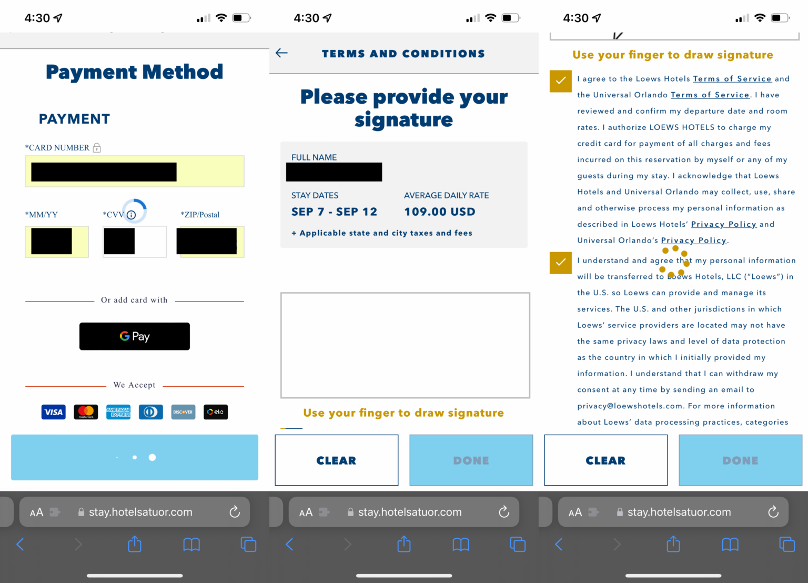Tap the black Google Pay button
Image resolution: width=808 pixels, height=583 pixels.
click(x=135, y=336)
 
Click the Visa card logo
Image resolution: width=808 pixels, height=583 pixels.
click(x=53, y=412)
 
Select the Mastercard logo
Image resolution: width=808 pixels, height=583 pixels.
click(x=86, y=412)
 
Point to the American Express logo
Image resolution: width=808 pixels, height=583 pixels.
click(x=118, y=412)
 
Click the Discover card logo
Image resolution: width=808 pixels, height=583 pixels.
click(x=183, y=412)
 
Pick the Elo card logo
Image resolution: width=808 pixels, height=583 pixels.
click(x=216, y=412)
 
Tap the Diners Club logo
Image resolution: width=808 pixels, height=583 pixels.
click(x=150, y=412)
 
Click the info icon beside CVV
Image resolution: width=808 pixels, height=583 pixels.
click(x=132, y=215)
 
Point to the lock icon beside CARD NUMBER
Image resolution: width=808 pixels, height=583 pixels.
click(x=97, y=148)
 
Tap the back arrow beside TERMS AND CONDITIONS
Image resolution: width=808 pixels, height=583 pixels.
click(x=282, y=53)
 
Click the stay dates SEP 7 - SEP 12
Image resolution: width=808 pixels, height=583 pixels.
click(x=334, y=212)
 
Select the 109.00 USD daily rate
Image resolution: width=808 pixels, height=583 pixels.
click(x=440, y=212)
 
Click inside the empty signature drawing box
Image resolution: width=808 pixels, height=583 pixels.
click(x=405, y=345)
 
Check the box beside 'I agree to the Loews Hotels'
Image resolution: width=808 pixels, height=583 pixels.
click(x=561, y=81)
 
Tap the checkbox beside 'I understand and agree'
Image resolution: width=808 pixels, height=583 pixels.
click(x=561, y=263)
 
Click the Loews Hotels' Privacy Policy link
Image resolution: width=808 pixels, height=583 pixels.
click(x=723, y=224)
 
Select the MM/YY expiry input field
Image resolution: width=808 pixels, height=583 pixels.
click(x=57, y=242)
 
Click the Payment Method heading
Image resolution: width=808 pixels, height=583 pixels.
click(x=135, y=72)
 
